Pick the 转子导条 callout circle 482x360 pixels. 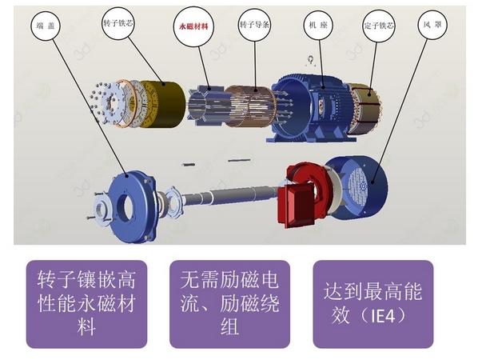tap(254, 26)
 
